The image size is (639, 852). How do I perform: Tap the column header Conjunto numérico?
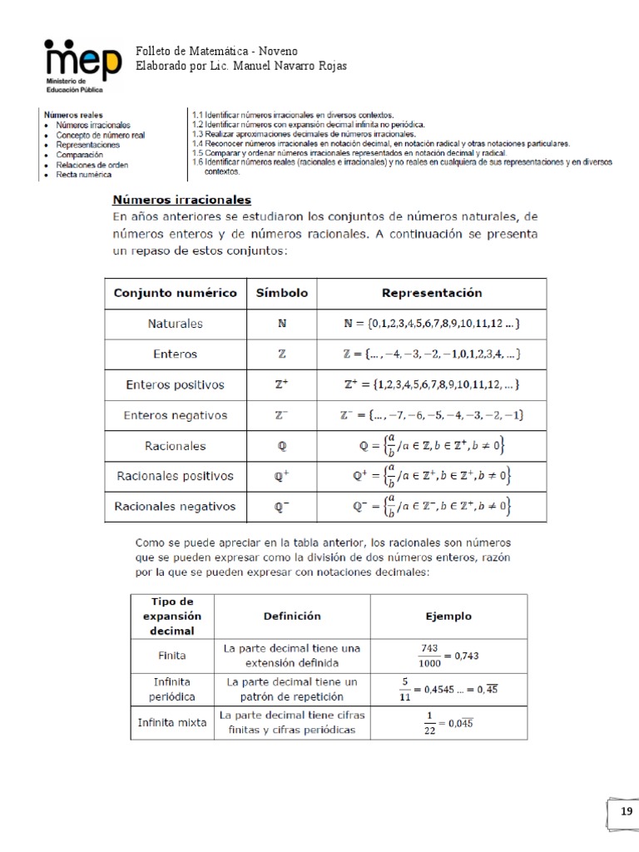175,293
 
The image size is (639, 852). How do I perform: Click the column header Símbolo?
281,293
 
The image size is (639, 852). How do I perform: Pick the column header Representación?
431,293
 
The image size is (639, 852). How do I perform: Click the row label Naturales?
175,324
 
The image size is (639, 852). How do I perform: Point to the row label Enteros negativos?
175,415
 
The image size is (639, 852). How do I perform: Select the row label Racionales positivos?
175,476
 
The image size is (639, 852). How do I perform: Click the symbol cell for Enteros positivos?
281,385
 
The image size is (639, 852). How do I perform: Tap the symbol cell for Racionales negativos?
281,506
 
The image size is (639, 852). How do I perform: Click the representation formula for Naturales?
431,324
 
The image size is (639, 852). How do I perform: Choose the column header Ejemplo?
448,617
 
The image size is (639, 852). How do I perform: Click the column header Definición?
292,617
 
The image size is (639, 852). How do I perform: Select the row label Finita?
172,656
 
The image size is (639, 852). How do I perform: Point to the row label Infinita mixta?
172,722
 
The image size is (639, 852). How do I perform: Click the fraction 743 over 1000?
429,656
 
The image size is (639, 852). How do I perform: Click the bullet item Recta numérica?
84,176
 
